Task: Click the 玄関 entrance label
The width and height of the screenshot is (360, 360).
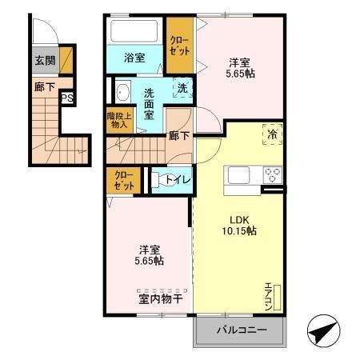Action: coord(45,59)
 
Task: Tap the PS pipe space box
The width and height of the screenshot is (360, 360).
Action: coord(68,98)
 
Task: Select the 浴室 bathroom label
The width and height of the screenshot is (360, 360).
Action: coord(134,58)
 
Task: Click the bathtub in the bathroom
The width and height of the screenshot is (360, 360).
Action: coord(135,32)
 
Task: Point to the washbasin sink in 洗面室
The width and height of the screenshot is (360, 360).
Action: coord(122,93)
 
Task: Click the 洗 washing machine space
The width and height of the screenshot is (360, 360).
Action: coord(182,90)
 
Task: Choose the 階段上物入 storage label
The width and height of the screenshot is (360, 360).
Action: coord(117,120)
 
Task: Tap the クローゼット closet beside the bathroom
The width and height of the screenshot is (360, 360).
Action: coord(179,45)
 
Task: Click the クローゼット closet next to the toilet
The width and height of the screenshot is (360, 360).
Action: coord(124,180)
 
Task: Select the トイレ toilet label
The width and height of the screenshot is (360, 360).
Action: coord(178,180)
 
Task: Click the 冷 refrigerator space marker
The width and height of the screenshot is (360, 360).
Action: coord(271,134)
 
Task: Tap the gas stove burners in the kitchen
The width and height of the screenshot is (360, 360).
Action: coord(272,175)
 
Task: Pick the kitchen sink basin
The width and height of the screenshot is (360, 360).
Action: coord(241,175)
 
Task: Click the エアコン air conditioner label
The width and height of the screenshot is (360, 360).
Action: coord(270,294)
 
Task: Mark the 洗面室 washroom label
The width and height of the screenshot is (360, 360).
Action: coord(149,103)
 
